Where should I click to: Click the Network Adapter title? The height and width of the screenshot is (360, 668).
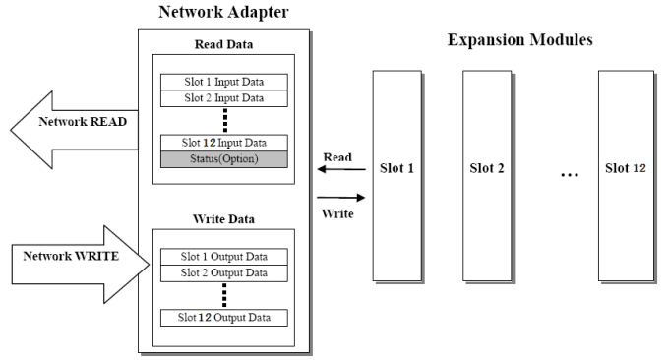pyautogui.click(x=223, y=12)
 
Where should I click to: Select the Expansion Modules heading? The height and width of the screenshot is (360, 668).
pyautogui.click(x=519, y=40)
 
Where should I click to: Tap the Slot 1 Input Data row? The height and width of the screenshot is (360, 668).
pyautogui.click(x=224, y=82)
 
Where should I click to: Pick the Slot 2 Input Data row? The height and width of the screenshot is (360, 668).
pyautogui.click(x=224, y=98)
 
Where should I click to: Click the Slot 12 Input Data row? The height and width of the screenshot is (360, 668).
pyautogui.click(x=224, y=143)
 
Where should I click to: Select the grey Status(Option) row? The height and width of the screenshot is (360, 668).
pyautogui.click(x=224, y=159)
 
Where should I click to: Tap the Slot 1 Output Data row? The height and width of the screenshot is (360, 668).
pyautogui.click(x=224, y=257)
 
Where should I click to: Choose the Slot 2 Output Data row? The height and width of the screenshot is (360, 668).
pyautogui.click(x=224, y=273)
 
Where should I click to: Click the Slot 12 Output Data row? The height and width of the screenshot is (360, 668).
pyautogui.click(x=224, y=318)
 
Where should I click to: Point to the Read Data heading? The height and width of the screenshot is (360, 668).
pyautogui.click(x=223, y=44)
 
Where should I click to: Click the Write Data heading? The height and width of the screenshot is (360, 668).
pyautogui.click(x=223, y=219)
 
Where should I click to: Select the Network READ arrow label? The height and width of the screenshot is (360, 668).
pyautogui.click(x=83, y=122)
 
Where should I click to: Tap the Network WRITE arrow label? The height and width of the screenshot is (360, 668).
pyautogui.click(x=71, y=256)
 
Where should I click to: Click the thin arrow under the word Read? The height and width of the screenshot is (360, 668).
pyautogui.click(x=341, y=169)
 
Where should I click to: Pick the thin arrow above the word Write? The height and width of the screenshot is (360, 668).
pyautogui.click(x=341, y=198)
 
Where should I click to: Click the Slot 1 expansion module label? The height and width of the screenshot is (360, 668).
pyautogui.click(x=396, y=168)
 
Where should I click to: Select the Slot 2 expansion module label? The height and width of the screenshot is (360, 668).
pyautogui.click(x=487, y=168)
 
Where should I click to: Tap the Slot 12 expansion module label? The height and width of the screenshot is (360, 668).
pyautogui.click(x=626, y=168)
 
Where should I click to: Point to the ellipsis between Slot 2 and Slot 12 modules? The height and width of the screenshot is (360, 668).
pyautogui.click(x=570, y=175)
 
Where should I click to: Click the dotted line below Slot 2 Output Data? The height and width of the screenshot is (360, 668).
pyautogui.click(x=224, y=295)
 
